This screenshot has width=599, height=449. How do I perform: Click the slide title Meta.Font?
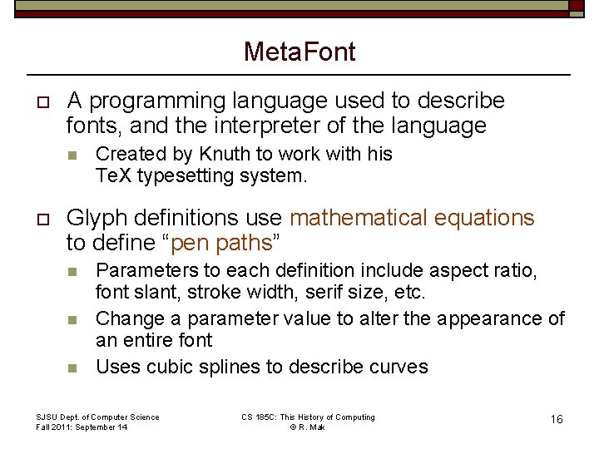pyautogui.click(x=299, y=52)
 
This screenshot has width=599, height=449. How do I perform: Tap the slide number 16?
pyautogui.click(x=557, y=419)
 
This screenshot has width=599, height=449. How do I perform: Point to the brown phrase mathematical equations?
pyautogui.click(x=412, y=218)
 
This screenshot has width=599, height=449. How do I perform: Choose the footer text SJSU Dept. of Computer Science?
pyautogui.click(x=98, y=417)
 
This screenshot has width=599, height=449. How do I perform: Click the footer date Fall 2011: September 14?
pyautogui.click(x=82, y=427)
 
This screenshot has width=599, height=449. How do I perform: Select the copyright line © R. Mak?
pyautogui.click(x=308, y=427)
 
